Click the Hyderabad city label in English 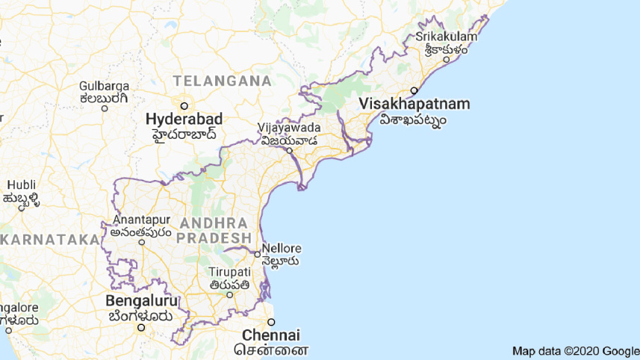(x=184, y=120)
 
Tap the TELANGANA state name (x=222, y=80)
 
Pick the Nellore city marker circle (x=258, y=254)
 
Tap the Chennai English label (x=270, y=335)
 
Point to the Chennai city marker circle (x=271, y=322)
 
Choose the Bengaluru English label (x=142, y=302)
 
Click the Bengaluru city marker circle (x=140, y=327)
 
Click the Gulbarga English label (x=105, y=85)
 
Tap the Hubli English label (x=20, y=184)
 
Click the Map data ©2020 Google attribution (x=575, y=351)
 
